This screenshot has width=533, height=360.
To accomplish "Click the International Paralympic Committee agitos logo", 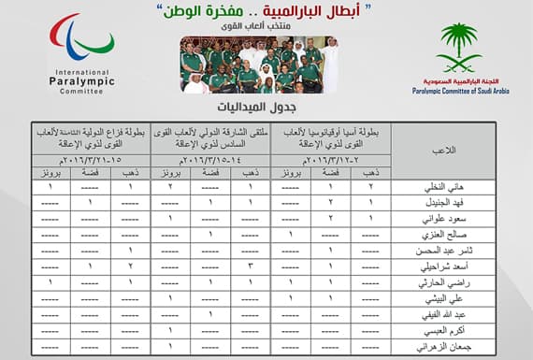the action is coord(81,41).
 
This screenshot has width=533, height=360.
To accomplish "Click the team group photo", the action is coord(259,64).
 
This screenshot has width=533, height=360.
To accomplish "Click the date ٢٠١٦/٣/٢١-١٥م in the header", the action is coord(88,158).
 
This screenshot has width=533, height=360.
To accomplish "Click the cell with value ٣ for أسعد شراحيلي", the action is coord(251,266).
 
